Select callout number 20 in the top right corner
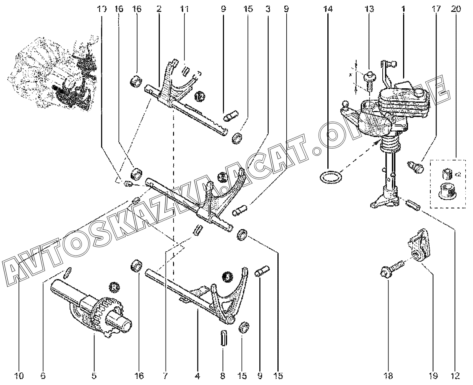tap(456, 8)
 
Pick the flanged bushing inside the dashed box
tap(446, 191)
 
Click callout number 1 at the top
tap(403, 8)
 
